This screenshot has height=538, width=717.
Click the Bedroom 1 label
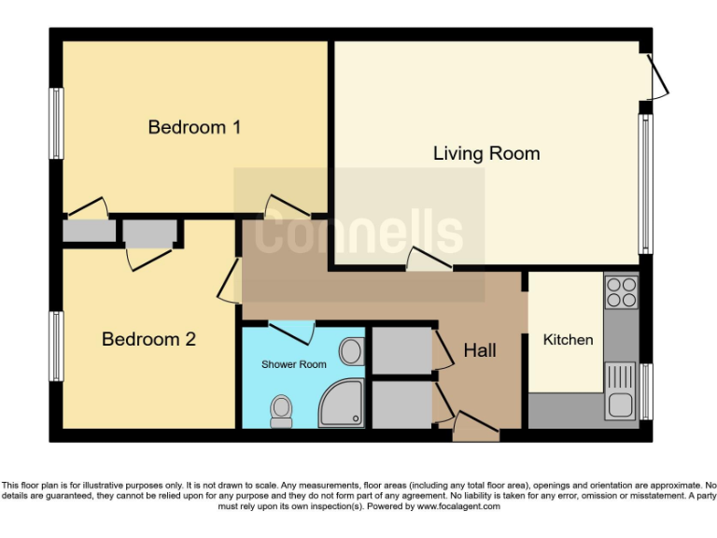(x=194, y=127)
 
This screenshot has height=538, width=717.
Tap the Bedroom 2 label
(x=148, y=339)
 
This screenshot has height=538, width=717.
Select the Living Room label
(x=486, y=153)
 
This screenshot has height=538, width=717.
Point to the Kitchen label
(x=568, y=339)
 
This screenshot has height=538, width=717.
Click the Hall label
(x=480, y=351)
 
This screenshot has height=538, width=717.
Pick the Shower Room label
(x=294, y=364)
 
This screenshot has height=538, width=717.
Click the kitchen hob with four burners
(x=621, y=293)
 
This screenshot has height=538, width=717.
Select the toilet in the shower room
(x=280, y=410)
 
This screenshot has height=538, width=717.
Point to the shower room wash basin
(x=351, y=351)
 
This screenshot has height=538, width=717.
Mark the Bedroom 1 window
(x=56, y=123)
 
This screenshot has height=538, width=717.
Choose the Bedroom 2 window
(x=56, y=346)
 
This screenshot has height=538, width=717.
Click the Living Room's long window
(x=644, y=184)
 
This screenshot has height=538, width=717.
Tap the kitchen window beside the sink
(x=645, y=392)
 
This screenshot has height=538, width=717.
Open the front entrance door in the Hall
(x=475, y=429)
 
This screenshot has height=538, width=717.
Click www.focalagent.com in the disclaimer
(x=458, y=507)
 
